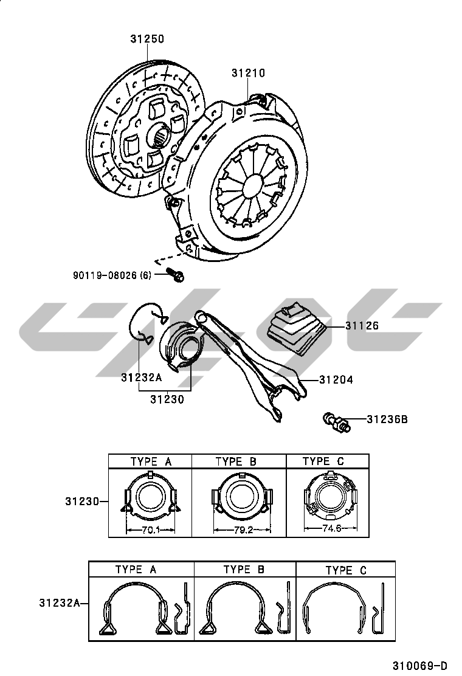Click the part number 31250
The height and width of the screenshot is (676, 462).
click(x=147, y=40)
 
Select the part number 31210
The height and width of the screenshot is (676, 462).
click(x=248, y=73)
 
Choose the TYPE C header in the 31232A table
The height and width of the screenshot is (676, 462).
click(x=346, y=570)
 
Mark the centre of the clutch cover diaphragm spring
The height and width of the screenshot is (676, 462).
click(x=250, y=182)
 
